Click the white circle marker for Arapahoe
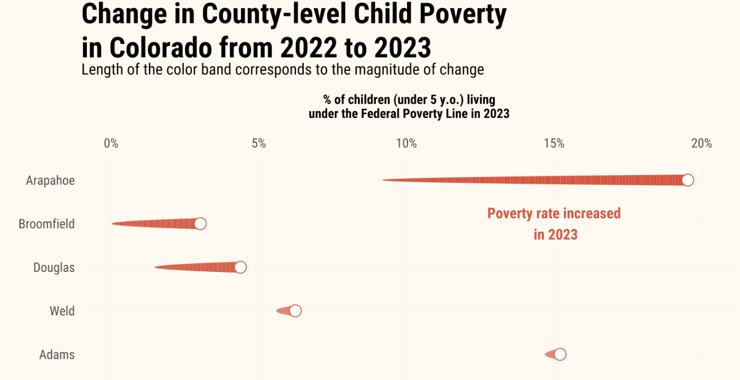(x=687, y=180)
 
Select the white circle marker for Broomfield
(x=200, y=223)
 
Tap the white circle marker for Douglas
(x=240, y=267)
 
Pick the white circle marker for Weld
(x=295, y=311)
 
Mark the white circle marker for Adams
(x=560, y=354)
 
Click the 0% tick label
(x=111, y=143)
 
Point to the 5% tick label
(x=258, y=143)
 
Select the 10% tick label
(x=406, y=143)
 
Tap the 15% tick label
(x=554, y=143)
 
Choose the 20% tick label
(x=701, y=143)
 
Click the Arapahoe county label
(x=50, y=180)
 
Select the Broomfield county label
(x=47, y=224)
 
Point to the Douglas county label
(x=54, y=268)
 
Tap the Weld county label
(x=62, y=311)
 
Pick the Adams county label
(x=57, y=355)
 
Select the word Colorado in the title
(x=154, y=48)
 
